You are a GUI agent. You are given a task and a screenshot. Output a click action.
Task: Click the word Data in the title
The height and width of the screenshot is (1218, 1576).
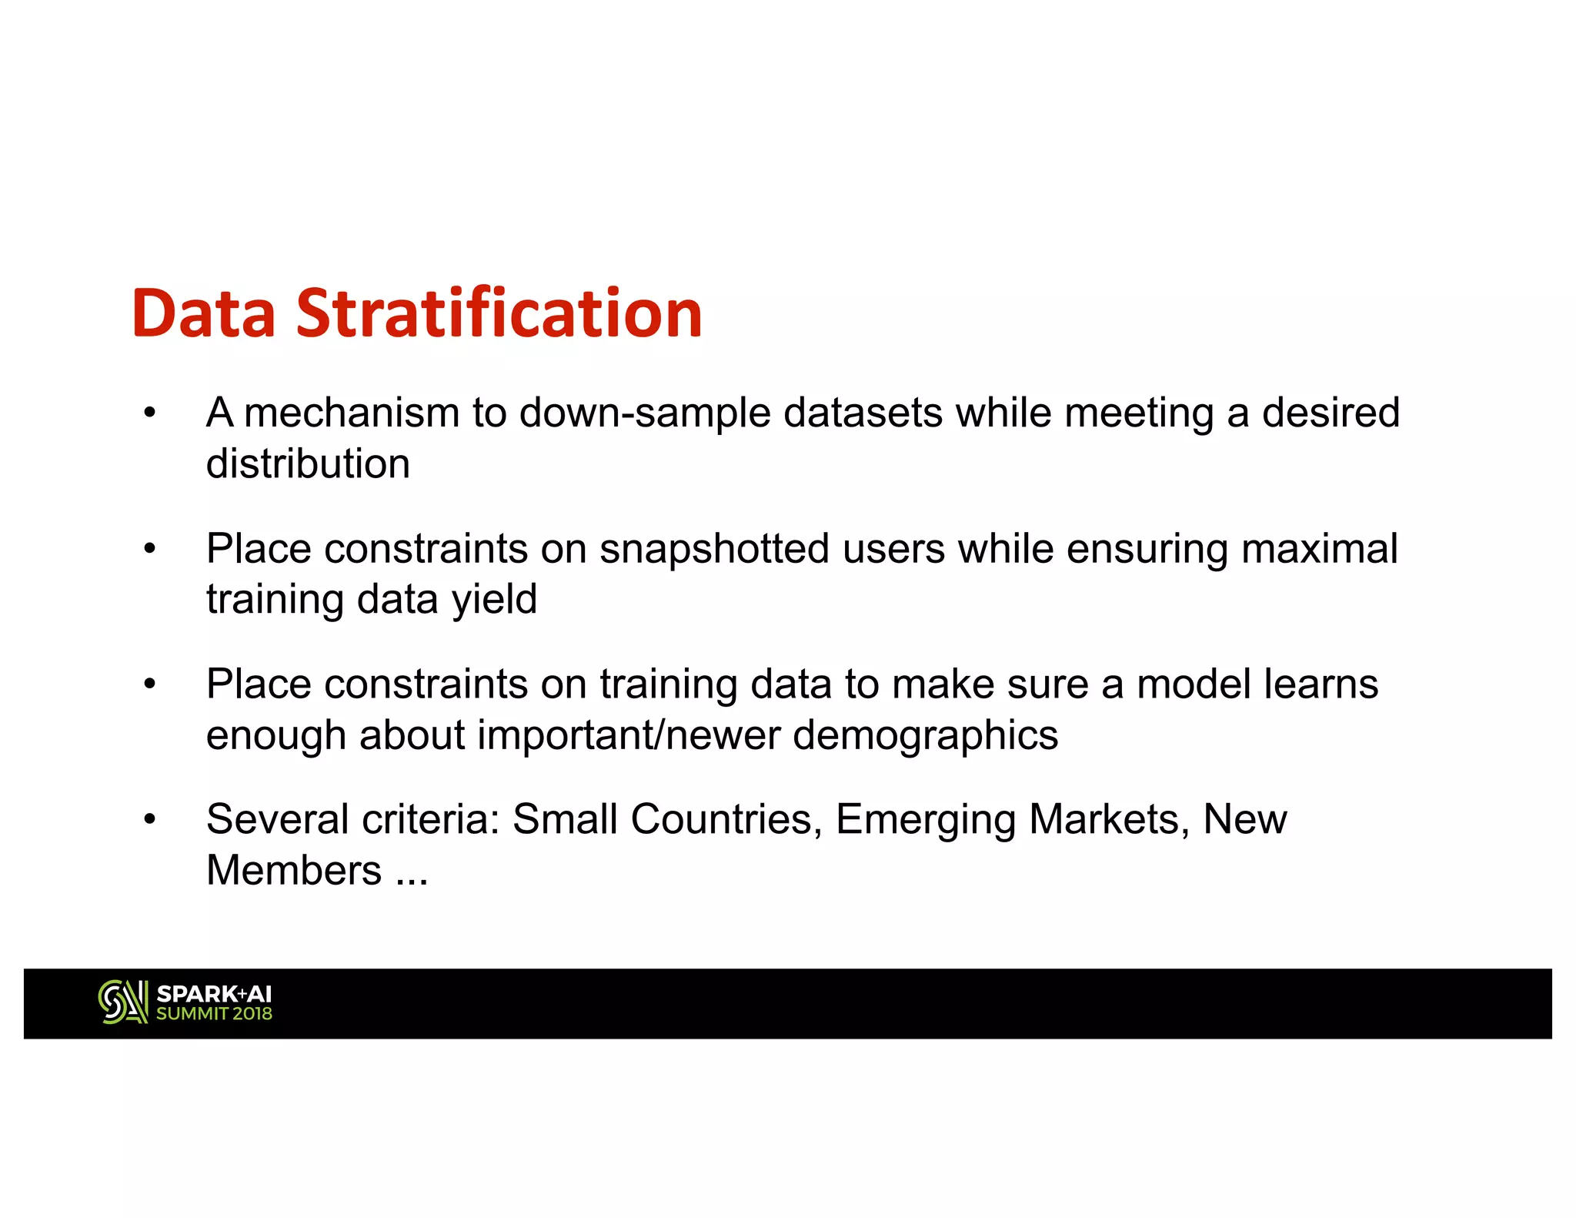(x=203, y=313)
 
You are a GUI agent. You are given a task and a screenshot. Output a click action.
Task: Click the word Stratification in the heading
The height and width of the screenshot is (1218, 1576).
(x=499, y=313)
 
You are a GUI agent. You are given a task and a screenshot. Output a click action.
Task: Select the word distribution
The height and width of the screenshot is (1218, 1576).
(x=308, y=463)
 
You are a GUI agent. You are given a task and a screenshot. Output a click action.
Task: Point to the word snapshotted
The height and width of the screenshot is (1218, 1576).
(x=714, y=549)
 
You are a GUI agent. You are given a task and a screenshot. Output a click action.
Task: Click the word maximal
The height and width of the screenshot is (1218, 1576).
(x=1319, y=549)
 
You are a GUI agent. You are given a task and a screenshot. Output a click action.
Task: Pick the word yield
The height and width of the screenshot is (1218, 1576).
(x=494, y=600)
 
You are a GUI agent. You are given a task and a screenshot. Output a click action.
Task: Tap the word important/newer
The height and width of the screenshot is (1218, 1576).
(x=628, y=735)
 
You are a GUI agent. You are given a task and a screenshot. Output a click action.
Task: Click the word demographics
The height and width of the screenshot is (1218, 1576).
(x=925, y=735)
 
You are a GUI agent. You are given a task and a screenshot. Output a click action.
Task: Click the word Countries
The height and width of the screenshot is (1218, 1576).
(x=722, y=819)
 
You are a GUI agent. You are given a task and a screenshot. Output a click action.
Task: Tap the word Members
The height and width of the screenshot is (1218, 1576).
(x=294, y=871)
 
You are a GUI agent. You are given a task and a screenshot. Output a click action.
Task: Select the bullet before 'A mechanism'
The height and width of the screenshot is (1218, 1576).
(x=150, y=413)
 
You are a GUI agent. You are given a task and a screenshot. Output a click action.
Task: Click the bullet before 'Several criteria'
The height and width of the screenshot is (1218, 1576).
(x=150, y=820)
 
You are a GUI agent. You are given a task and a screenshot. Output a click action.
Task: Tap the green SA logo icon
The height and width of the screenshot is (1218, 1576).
(x=123, y=1002)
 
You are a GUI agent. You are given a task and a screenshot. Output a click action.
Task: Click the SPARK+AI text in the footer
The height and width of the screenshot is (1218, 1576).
(x=214, y=994)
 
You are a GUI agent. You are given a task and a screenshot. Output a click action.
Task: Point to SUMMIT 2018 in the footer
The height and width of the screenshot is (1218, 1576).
(x=214, y=1014)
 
